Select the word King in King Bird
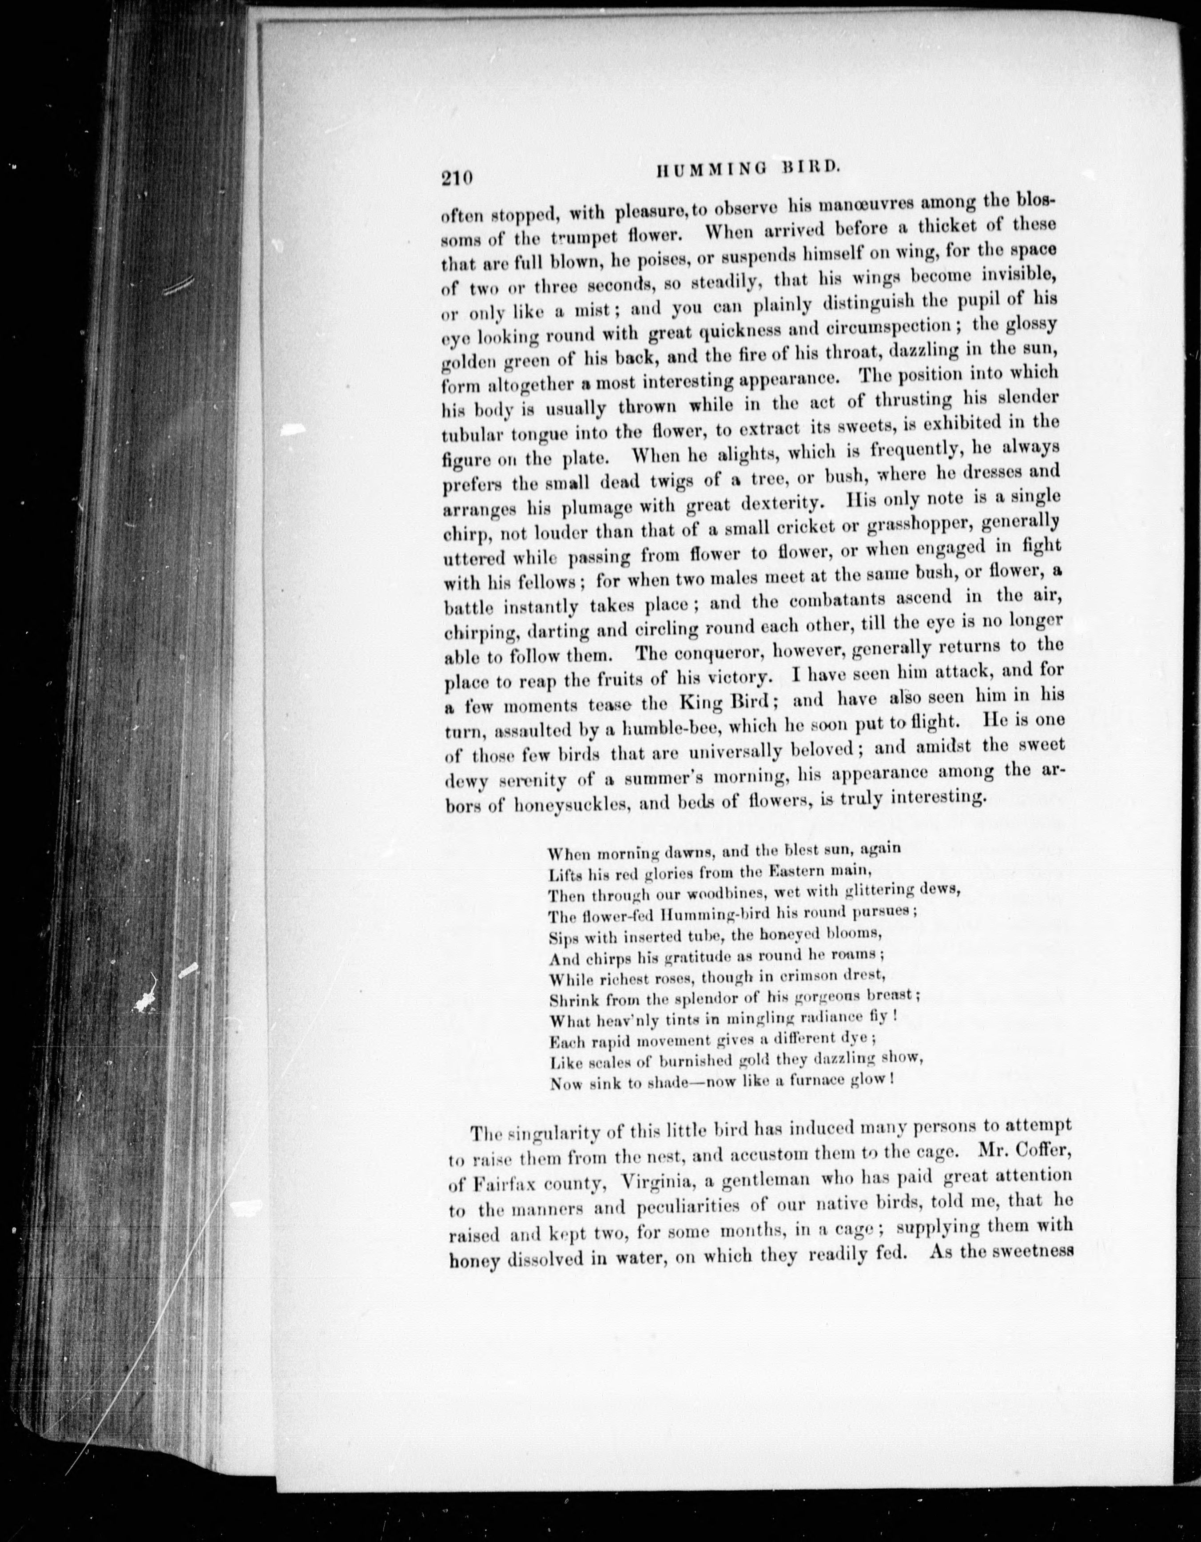click(x=703, y=703)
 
